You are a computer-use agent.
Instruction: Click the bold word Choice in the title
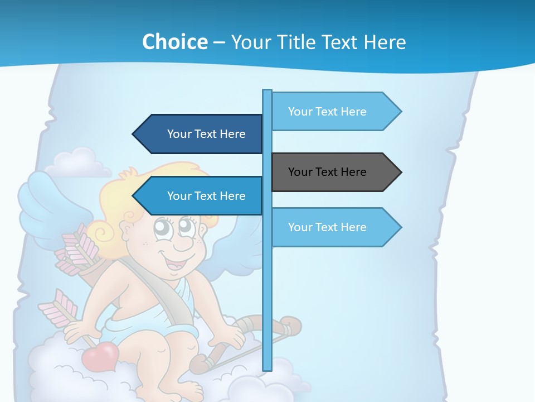click(x=174, y=42)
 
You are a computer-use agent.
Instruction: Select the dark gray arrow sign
click(x=334, y=172)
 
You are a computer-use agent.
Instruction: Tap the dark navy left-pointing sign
click(x=201, y=134)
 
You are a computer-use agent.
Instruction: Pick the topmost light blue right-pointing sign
click(x=334, y=112)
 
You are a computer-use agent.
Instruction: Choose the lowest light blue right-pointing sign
click(x=334, y=227)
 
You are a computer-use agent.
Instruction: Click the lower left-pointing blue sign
click(x=201, y=196)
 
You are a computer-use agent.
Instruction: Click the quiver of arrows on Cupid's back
click(x=84, y=257)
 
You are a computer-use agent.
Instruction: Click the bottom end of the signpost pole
click(x=267, y=366)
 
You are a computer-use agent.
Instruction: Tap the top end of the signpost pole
click(x=267, y=93)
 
